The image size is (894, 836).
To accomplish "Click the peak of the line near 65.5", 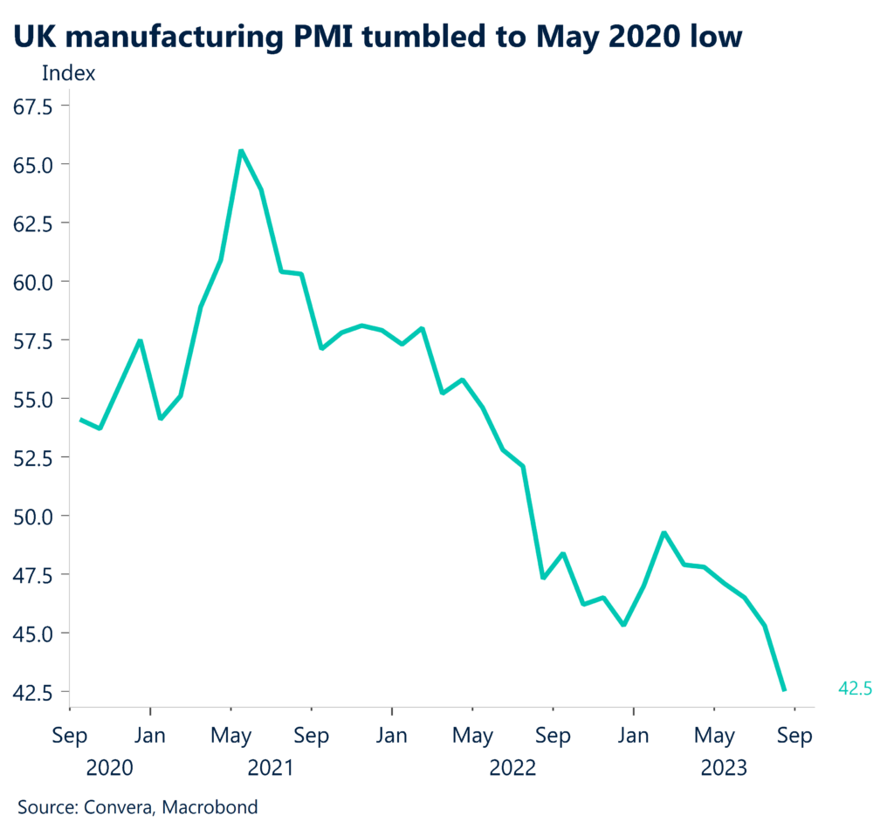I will pos(241,152).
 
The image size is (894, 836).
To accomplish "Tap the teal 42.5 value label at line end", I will pos(855,689).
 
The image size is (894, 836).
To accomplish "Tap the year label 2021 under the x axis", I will pos(271,768).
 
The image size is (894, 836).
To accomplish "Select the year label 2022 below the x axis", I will pos(512,768).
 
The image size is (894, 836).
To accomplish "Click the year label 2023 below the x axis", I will pos(724,768).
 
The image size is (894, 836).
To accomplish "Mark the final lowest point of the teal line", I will pos(784,689).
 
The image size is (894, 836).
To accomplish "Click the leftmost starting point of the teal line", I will pos(81,420).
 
